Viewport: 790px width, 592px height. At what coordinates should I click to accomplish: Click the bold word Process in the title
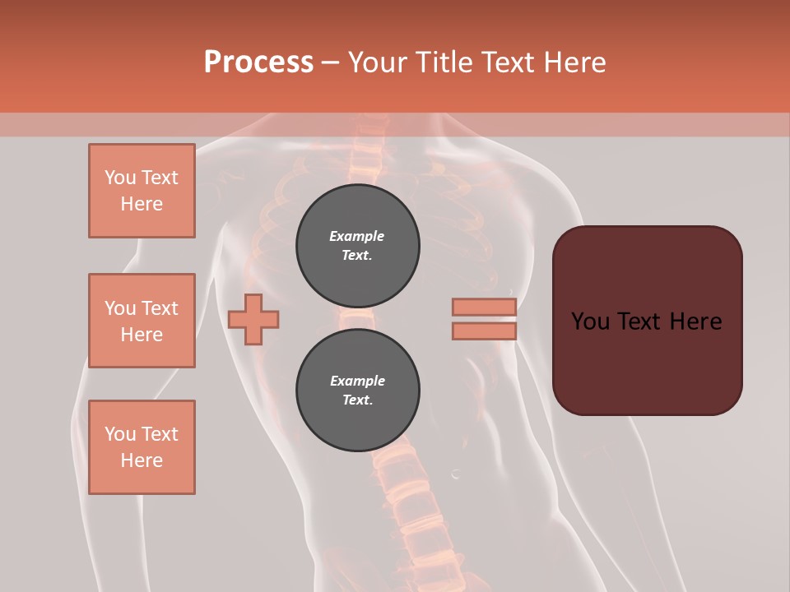(258, 62)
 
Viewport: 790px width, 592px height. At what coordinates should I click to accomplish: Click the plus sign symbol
(253, 319)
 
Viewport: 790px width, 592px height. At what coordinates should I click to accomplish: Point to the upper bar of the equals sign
(485, 308)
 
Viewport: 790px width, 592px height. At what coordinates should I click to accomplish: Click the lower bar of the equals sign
(485, 331)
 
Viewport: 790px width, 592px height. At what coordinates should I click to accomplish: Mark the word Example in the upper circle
(357, 237)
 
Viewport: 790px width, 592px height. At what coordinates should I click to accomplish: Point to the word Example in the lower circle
(357, 381)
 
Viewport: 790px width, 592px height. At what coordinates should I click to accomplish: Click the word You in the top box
(120, 178)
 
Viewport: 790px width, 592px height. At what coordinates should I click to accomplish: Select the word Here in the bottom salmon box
(142, 460)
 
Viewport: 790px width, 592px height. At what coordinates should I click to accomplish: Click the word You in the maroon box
(590, 321)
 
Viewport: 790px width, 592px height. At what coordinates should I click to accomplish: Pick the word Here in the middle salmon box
(142, 335)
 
